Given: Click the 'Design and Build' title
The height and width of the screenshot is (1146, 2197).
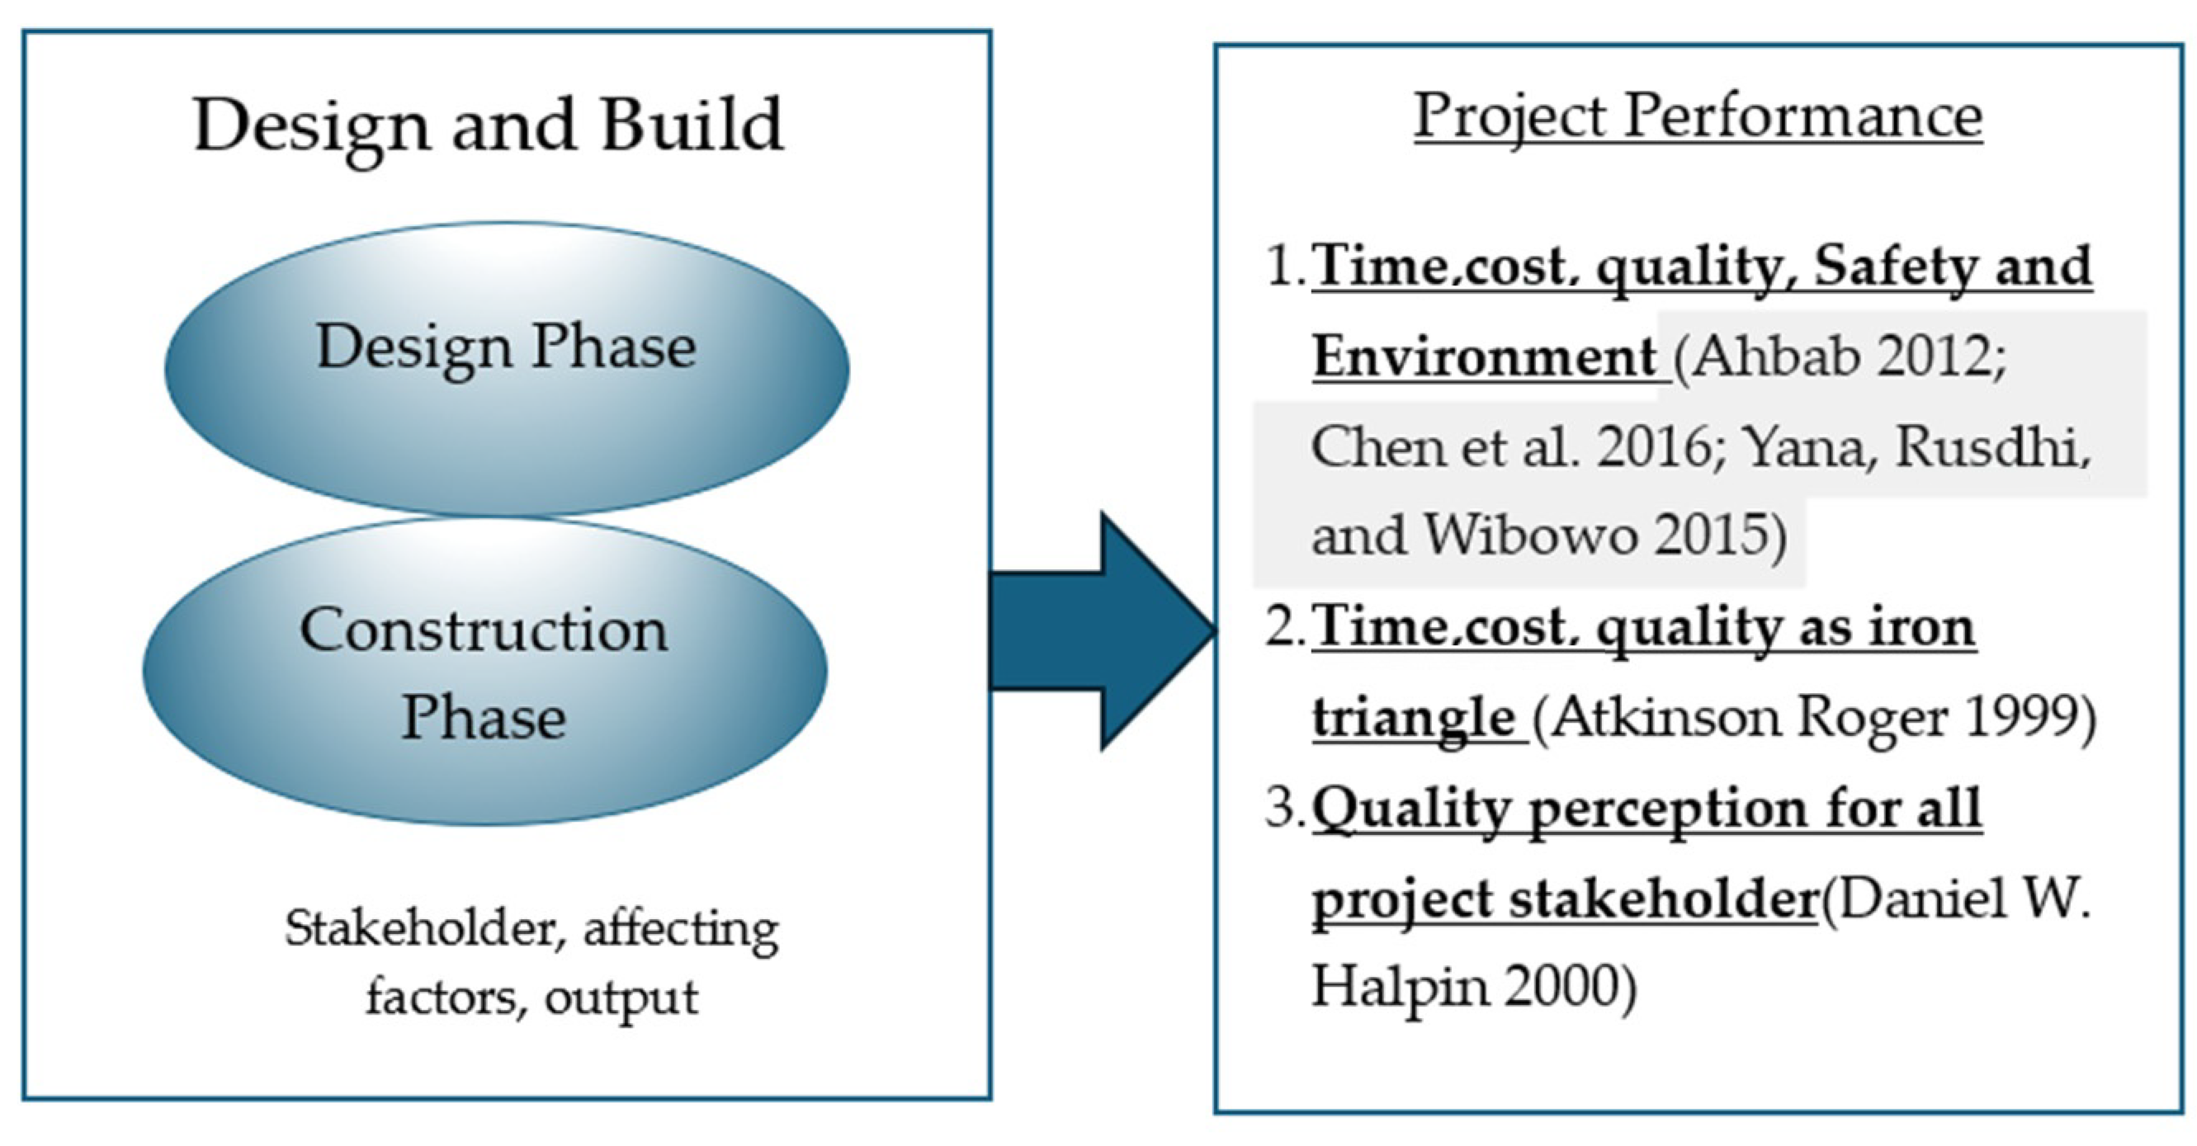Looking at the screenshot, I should click(488, 125).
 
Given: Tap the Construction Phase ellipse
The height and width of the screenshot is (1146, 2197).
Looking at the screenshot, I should click(484, 671).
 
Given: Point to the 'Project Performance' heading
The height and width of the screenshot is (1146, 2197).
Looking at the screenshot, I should click(1697, 117).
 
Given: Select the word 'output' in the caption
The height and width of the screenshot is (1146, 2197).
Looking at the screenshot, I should click(621, 997).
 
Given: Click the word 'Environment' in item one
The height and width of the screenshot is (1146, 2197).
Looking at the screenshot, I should click(1484, 356).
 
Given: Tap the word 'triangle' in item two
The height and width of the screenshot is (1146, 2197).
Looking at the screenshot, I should click(1412, 718).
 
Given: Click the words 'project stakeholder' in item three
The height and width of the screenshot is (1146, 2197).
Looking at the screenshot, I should click(1565, 899).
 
